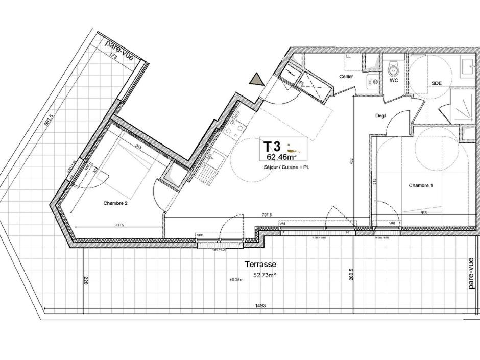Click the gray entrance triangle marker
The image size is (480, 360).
point(256,79)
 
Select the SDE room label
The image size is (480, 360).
point(437,83)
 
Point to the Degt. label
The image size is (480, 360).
point(381,116)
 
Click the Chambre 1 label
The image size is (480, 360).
point(421,186)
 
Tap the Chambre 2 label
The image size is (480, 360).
point(115,203)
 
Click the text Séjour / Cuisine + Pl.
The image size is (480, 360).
point(286,168)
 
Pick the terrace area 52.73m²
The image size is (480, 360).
point(265,275)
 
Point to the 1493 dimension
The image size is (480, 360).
point(260,306)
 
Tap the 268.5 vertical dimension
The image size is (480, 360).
point(351,274)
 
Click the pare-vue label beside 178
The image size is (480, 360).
point(119,50)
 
